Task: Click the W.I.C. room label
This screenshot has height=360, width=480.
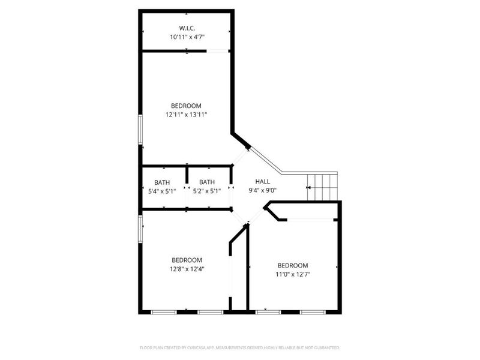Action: coord(186,28)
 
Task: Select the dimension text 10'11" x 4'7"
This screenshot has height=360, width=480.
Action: coord(186,37)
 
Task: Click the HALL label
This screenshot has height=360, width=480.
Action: coord(263,182)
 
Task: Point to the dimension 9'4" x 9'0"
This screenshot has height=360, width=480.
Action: coord(263,191)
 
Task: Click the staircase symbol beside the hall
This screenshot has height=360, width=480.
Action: coord(322,187)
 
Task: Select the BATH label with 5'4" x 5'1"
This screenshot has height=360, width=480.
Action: coord(162,182)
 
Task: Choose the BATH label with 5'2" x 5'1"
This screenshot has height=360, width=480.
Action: coord(207,182)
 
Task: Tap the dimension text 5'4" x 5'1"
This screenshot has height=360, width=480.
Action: coord(162,191)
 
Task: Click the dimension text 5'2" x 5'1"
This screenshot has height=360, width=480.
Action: coord(207,191)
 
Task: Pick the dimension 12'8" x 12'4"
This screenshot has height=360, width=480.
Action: coord(186,269)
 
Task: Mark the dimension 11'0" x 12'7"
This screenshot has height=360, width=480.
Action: coord(293,274)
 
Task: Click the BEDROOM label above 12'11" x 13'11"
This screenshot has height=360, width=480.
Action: coord(186,106)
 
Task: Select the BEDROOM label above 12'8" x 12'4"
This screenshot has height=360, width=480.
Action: coord(186,260)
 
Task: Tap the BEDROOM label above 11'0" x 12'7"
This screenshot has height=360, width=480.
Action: coord(293,265)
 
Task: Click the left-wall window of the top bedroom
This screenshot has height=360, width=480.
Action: coord(140,130)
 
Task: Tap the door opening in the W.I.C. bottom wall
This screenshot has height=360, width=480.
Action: coord(218,52)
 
